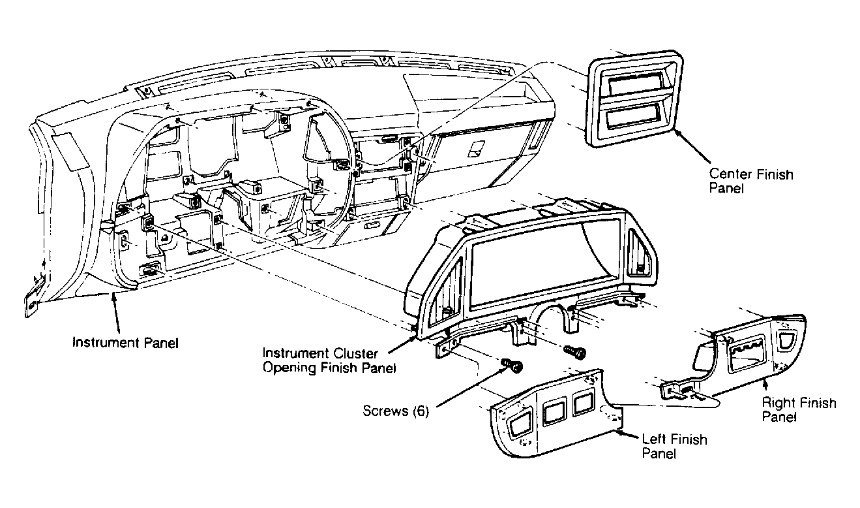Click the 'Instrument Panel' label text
pyautogui.click(x=126, y=343)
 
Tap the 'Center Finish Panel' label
pyautogui.click(x=751, y=181)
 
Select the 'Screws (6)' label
pyautogui.click(x=396, y=411)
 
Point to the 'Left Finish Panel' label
pyautogui.click(x=675, y=446)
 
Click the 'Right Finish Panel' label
pyautogui.click(x=799, y=409)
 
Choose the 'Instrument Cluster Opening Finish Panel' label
pyautogui.click(x=329, y=360)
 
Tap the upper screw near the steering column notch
pyautogui.click(x=574, y=351)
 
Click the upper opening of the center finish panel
pyautogui.click(x=634, y=85)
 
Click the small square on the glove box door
pyautogui.click(x=477, y=149)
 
